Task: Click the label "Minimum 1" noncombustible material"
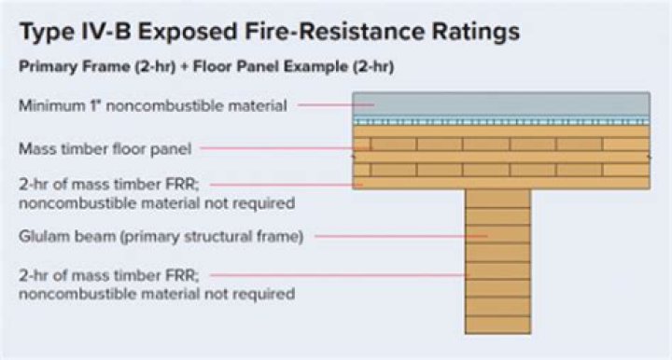point(150,106)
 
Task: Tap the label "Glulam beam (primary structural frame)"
point(161,237)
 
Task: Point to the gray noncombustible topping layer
point(500,104)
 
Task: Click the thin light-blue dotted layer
point(500,121)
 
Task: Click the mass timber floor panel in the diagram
point(500,159)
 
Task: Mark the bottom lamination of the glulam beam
point(497,325)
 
